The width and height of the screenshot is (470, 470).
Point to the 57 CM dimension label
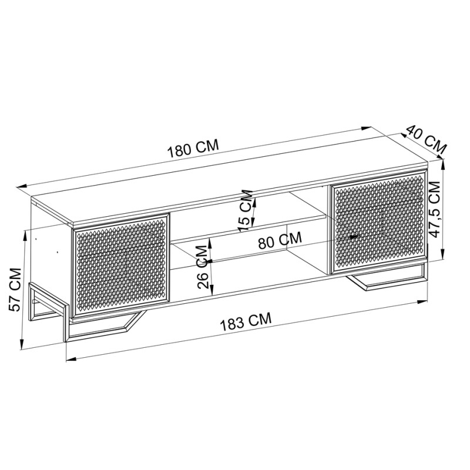[x=16, y=289]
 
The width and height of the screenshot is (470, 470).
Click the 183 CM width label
[x=247, y=321]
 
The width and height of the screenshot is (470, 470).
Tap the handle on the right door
[x=354, y=236]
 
